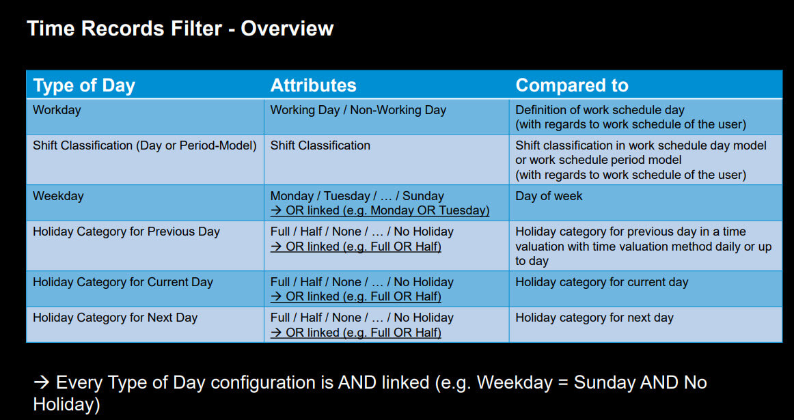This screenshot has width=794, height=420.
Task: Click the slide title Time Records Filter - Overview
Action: point(180,28)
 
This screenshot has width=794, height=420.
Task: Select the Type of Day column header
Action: point(84,85)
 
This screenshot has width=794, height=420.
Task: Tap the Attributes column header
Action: point(314,85)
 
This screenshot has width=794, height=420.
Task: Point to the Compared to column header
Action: point(572,85)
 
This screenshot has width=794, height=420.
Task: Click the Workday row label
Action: point(57,110)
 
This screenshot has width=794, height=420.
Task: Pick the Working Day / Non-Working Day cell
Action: point(358,110)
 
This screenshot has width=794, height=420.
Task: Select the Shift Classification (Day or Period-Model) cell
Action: point(145,145)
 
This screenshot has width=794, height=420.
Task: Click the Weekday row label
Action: point(58,196)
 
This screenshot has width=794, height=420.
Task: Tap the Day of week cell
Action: point(549,196)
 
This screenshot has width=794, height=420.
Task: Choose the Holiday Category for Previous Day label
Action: point(126,232)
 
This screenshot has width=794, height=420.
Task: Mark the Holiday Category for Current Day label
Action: point(123,282)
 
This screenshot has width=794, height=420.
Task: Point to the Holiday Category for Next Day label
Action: point(115,318)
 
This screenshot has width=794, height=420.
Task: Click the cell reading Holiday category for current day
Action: point(601,282)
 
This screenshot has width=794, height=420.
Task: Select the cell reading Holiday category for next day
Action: point(594,318)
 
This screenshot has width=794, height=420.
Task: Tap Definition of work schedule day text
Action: point(600,110)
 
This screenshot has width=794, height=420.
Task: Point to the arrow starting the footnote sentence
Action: point(42,382)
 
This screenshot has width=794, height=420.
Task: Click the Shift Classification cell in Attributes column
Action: point(320,145)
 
